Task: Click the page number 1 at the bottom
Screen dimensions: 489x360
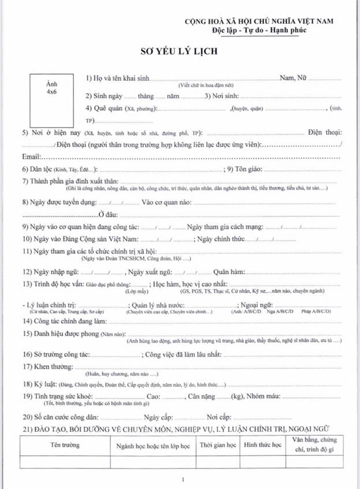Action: pos(183,479)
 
